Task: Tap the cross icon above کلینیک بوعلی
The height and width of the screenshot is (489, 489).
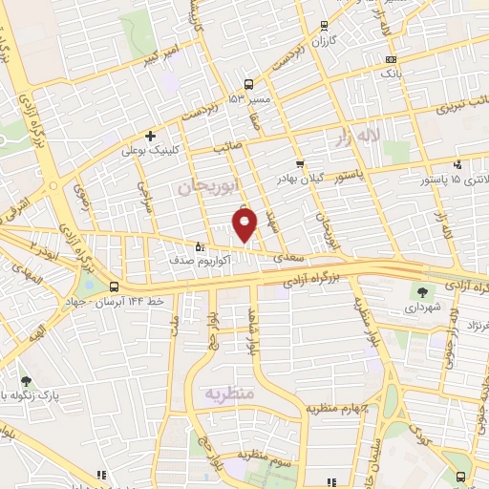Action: (x=151, y=136)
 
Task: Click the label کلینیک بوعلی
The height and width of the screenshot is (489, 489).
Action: (x=145, y=150)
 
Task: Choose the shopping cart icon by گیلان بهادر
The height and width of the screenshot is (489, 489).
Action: (x=300, y=163)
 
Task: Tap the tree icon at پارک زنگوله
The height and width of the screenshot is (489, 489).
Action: (x=25, y=381)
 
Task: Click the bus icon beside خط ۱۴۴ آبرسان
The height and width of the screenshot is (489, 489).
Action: (x=114, y=287)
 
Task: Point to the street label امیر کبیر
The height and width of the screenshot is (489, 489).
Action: (x=160, y=60)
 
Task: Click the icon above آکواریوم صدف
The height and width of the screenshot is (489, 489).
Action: (x=199, y=244)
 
